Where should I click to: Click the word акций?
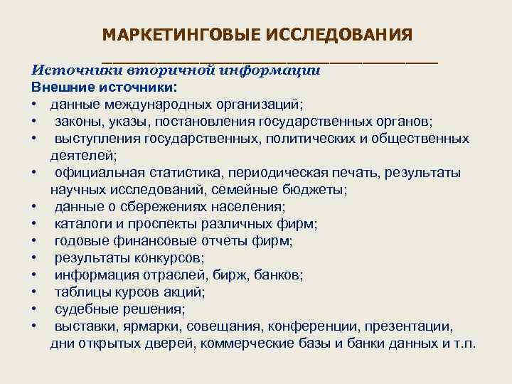click(x=185, y=292)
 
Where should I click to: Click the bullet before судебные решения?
click(x=34, y=309)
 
